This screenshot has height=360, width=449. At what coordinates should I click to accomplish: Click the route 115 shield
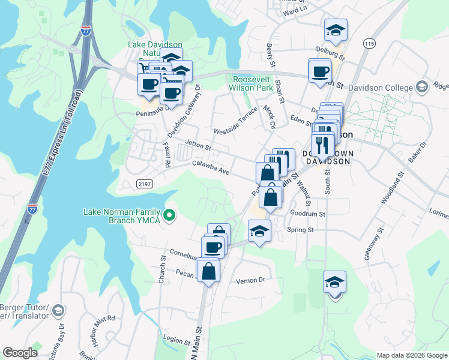(x=369, y=44)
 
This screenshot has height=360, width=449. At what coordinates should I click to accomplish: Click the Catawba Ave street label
(x=211, y=167)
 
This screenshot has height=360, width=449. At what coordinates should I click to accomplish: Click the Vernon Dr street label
(x=250, y=280)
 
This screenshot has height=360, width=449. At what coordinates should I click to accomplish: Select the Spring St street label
(x=301, y=230)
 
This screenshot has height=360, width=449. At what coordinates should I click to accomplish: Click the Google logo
(x=20, y=353)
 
